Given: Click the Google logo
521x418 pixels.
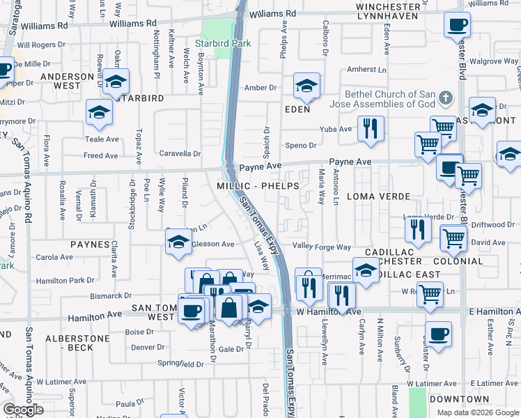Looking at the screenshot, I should point(23,410).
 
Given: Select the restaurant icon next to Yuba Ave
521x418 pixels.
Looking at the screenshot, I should point(370,128).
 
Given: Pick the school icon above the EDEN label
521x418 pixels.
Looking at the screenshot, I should point(306,86).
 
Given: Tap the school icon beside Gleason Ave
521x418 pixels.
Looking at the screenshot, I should point(178,242).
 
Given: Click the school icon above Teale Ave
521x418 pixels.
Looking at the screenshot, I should point(100,112).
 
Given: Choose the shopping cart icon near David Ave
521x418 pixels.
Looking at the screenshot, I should point(453,238).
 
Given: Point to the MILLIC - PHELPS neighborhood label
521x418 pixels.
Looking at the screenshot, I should point(258,187).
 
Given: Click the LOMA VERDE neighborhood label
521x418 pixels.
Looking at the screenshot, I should point(381,197).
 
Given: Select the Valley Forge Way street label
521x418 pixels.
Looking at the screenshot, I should point(321,247).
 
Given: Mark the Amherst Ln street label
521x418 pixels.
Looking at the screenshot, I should point(367,70).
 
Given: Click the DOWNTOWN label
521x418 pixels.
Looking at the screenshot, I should point(459,399).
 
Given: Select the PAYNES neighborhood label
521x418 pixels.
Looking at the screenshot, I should point(90,245).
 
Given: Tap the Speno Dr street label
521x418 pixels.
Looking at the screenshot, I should point(301,146).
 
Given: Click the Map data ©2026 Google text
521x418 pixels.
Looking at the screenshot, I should point(477,412).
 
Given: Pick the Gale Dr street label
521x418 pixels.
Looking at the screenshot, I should point(230,350).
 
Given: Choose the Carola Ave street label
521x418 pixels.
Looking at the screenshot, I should point(54,257).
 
